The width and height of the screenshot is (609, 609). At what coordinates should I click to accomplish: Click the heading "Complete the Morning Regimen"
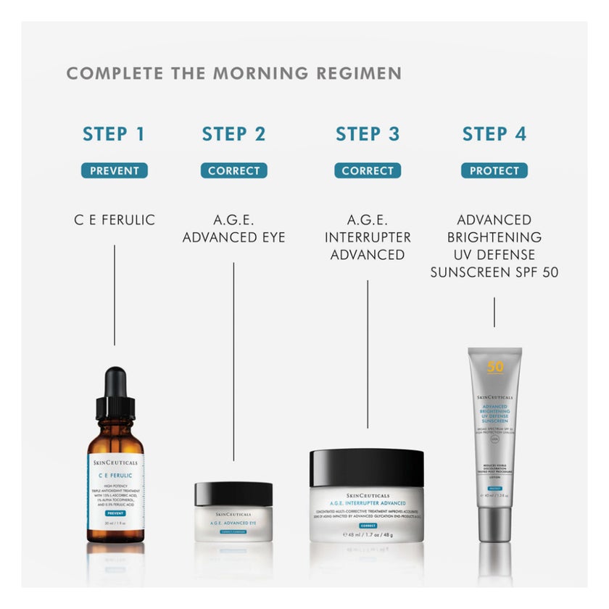tap(233, 73)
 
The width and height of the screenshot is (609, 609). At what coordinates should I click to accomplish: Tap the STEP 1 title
tap(113, 134)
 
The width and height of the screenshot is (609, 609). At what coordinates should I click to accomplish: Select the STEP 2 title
tap(233, 134)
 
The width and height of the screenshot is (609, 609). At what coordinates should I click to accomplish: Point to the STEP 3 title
tap(368, 134)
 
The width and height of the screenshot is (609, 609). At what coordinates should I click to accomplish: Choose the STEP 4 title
tap(494, 134)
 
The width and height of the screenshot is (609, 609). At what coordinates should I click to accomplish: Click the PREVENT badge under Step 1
tap(114, 171)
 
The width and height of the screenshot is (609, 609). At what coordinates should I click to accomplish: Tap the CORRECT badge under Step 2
tap(233, 171)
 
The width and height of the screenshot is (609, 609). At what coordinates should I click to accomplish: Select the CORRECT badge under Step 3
tap(368, 171)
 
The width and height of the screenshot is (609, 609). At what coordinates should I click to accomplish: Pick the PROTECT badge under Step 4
tap(494, 171)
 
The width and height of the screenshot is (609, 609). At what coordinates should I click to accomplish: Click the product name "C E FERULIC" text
tap(114, 220)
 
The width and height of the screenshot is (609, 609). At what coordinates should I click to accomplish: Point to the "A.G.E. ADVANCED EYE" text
tap(233, 228)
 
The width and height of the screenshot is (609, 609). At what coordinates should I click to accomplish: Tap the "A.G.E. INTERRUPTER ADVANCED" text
tap(368, 237)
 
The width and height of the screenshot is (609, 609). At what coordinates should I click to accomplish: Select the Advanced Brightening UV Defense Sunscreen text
tap(494, 246)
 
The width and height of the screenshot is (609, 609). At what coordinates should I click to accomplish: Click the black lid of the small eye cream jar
tap(233, 494)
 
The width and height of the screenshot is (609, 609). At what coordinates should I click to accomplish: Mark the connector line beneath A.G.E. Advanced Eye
tap(233, 362)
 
